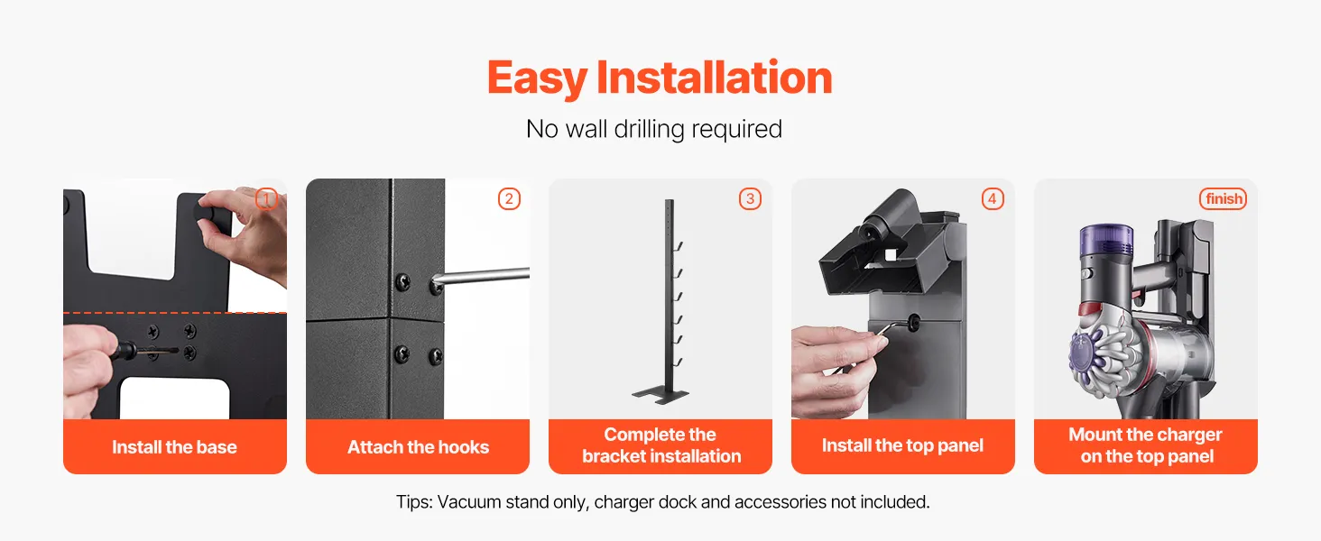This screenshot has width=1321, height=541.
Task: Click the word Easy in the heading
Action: click(x=537, y=78)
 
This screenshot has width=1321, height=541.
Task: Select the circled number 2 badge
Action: click(x=509, y=199)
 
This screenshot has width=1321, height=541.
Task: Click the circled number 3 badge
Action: click(x=750, y=199)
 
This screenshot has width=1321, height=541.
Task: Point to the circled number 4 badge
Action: click(x=993, y=199)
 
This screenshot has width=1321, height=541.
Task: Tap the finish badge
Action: click(x=1224, y=199)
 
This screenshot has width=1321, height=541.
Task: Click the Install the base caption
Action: click(x=174, y=447)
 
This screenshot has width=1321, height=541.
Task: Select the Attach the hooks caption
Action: click(x=418, y=447)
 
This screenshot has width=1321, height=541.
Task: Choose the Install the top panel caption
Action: click(x=903, y=446)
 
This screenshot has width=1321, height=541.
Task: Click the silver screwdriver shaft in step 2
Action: click(x=482, y=277)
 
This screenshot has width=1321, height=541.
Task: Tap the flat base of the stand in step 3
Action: click(x=660, y=394)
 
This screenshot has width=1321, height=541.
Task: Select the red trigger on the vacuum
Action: click(x=1090, y=309)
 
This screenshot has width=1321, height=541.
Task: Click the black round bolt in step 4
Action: click(x=913, y=323)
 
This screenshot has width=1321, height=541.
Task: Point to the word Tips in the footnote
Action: click(x=414, y=502)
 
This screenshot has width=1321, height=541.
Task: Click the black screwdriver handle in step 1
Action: click(x=124, y=353)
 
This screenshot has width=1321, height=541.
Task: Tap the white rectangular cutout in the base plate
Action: click(x=174, y=399)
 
